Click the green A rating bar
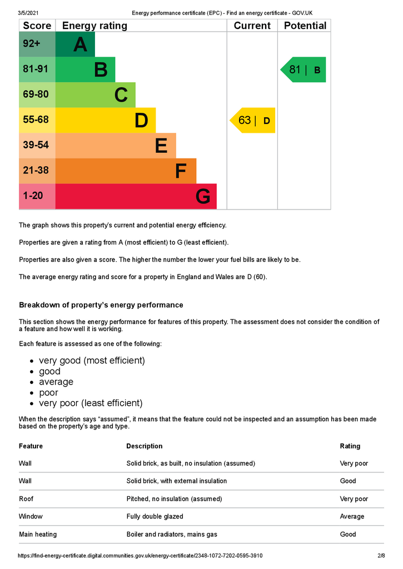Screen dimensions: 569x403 coord(75,44)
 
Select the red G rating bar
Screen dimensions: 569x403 coord(136,196)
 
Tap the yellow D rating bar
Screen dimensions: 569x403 coord(106,120)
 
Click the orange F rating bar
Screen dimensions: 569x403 coord(126,171)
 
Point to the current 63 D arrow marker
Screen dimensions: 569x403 coord(253,120)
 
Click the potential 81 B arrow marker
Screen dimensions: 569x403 coord(304,69)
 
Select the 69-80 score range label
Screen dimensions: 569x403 coord(36,94)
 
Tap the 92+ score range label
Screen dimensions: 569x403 coord(32,44)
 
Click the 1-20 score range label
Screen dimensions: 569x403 coord(33,196)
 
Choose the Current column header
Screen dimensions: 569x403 coord(252,26)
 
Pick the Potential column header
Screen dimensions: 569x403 coord(305,26)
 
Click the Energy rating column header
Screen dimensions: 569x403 coord(94,26)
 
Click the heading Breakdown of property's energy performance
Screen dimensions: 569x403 coord(101,305)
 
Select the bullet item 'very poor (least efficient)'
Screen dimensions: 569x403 coord(91,403)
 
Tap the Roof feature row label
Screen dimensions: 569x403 coord(26,499)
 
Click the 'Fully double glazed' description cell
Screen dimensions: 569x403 coord(155,517)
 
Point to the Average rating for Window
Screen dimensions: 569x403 coord(352,517)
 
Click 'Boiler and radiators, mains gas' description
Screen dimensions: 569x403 coord(171,535)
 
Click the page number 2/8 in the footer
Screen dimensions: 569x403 coord(381,556)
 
